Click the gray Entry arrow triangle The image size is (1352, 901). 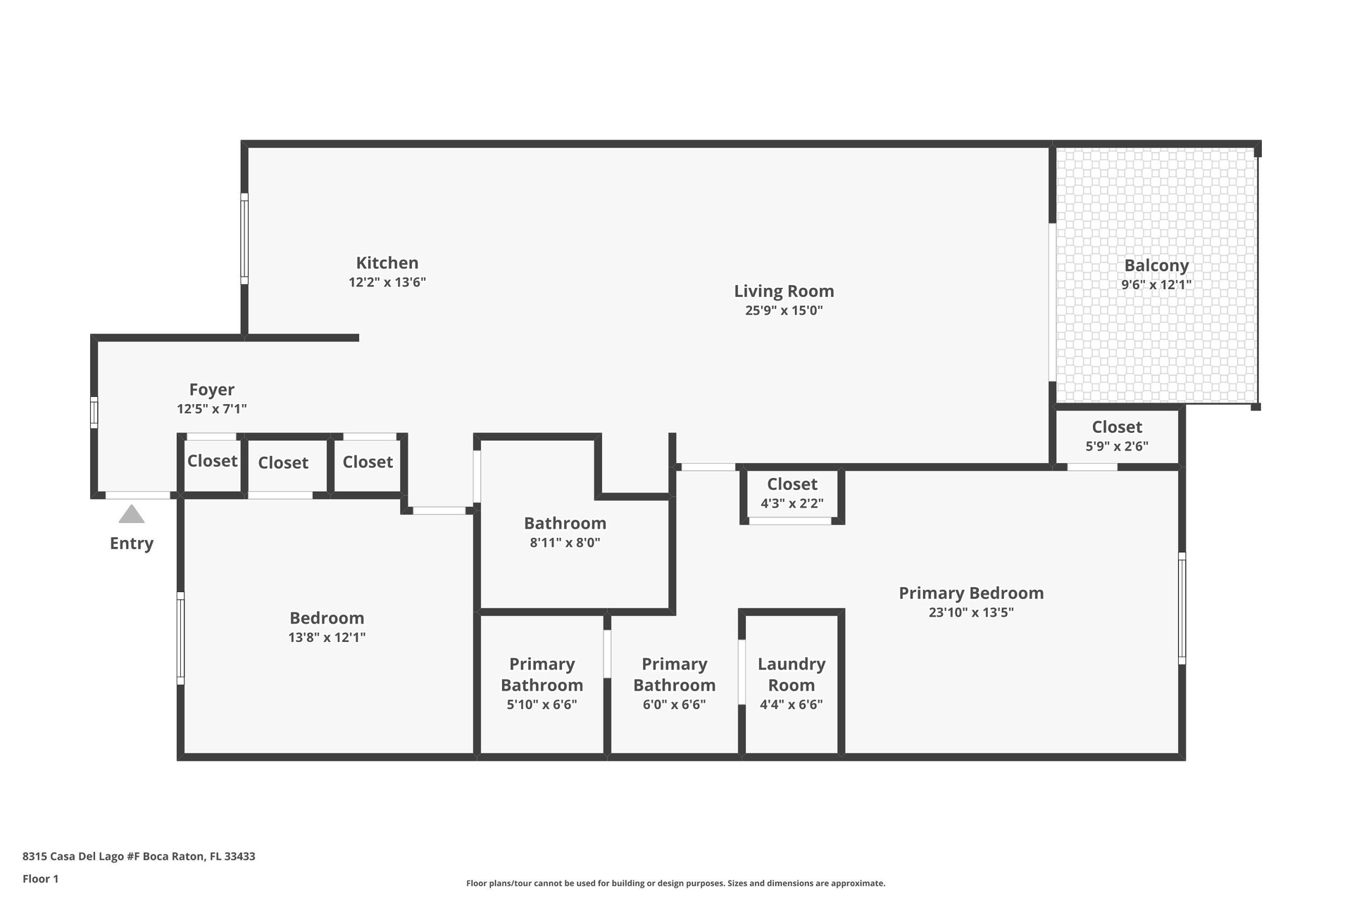point(132,515)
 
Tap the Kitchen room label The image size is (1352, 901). point(387,263)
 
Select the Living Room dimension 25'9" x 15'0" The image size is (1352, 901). point(784,310)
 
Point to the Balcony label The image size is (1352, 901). point(1156,266)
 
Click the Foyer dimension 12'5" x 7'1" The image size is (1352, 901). point(212,409)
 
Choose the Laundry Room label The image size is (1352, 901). point(791,674)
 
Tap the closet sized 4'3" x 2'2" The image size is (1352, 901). point(792,493)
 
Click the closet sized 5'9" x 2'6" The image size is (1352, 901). point(1117,436)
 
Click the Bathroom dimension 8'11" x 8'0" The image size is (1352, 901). point(565,543)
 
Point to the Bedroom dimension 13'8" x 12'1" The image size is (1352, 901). point(327,638)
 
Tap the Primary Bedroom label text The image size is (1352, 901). point(971,593)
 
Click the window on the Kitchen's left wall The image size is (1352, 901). point(244,239)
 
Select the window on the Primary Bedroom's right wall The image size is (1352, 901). point(1182,608)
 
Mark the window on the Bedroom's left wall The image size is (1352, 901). point(180,638)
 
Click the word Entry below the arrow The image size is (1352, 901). point(132,543)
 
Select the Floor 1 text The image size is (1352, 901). point(41,878)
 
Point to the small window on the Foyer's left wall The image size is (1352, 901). point(94,412)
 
